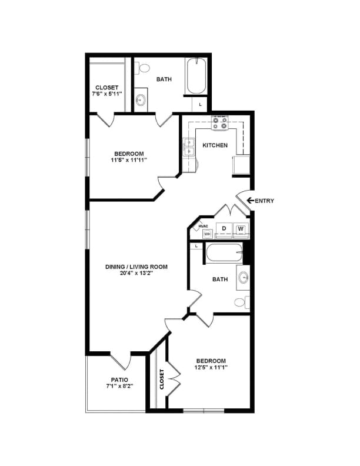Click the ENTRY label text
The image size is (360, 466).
tap(264, 201)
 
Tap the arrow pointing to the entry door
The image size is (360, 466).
tap(250, 201)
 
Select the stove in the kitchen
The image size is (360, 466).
tap(220, 123)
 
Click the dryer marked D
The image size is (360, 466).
tap(224, 229)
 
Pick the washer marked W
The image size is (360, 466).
tap(241, 229)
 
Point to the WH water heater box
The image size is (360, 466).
tap(207, 234)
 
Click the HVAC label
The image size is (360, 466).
tap(204, 226)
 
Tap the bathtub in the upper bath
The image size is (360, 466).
tap(196, 76)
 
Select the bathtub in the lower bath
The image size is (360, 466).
tap(224, 254)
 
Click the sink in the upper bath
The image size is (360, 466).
tap(141, 99)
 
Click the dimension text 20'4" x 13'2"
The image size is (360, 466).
tap(136, 274)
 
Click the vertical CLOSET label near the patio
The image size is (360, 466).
tap(161, 379)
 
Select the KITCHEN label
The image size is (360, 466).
tap(215, 145)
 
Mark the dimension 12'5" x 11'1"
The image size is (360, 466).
tap(211, 368)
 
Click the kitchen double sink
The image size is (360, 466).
tap(189, 147)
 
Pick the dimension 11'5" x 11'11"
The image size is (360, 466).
tap(129, 159)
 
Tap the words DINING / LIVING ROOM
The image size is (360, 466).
tap(136, 267)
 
